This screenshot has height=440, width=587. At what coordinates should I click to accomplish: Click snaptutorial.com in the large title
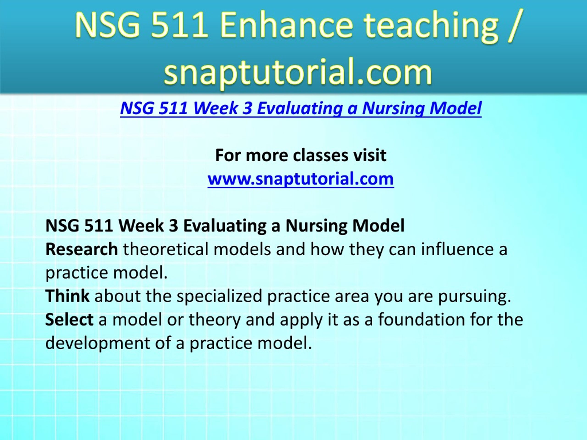[298, 71]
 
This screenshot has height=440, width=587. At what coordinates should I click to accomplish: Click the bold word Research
[82, 249]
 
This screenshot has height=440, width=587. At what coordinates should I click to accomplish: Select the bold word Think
[67, 296]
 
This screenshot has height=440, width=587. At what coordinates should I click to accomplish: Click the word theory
[214, 320]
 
